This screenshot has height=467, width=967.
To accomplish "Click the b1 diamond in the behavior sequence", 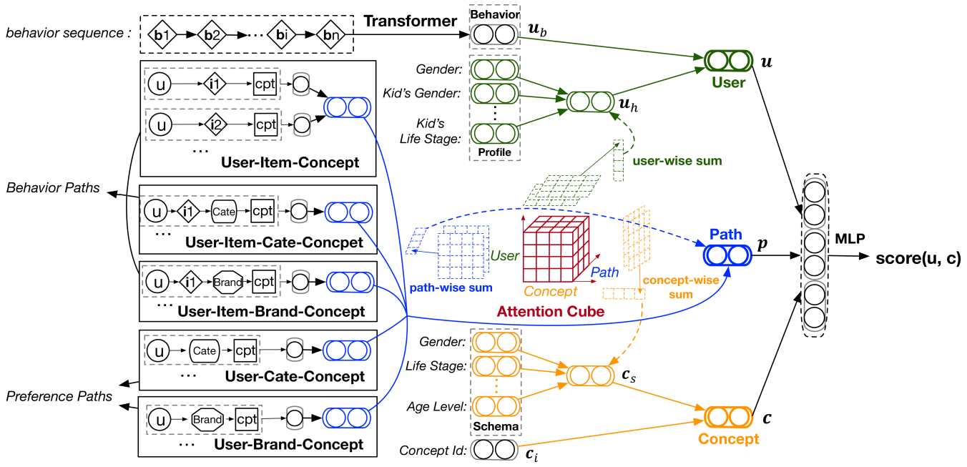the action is pos(162,34).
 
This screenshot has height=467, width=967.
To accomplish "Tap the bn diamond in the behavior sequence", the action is pos(330,34).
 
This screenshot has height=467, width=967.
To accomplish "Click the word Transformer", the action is pos(410,21).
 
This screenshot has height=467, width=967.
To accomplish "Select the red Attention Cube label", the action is pos(551,311).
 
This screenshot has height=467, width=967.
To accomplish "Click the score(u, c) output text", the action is pos(918,258).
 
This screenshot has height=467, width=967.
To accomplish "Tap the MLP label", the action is pos(850,238).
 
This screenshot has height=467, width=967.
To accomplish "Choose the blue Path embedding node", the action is pos(728,255).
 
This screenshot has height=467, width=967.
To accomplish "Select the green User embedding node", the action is pos(729,60).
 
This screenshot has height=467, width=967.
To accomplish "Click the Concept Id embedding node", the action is pos(494,450).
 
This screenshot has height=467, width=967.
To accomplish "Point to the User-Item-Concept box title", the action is pos(290,162).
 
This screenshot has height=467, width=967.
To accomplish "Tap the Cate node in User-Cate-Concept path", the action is pos(204,350).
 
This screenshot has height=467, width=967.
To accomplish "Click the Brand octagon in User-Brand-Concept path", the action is pos(207,419).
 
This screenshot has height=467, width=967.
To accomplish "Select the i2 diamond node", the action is pos(215,124).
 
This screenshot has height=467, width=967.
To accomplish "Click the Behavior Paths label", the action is pos(53,188).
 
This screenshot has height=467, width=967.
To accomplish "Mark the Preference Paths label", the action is pos(59,396).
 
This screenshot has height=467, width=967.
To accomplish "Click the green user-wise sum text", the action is pos(677,161).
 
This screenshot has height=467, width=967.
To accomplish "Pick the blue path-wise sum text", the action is pos(451,287).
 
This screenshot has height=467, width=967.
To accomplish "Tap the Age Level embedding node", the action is pos(496,406).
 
